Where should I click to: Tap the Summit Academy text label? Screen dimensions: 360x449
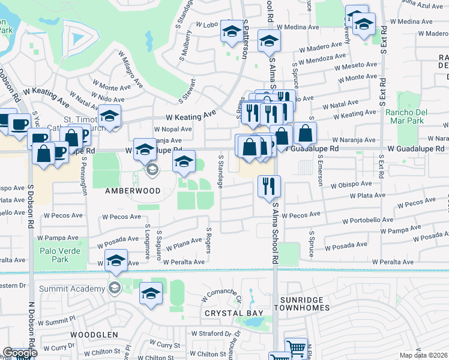pyautogui.click(x=72, y=289)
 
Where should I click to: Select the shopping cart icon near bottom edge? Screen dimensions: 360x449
pyautogui.click(x=296, y=349)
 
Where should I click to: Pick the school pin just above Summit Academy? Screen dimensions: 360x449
pyautogui.click(x=116, y=260)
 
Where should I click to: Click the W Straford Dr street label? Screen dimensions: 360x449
pyautogui.click(x=211, y=334)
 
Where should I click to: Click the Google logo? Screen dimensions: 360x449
pyautogui.click(x=20, y=353)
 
